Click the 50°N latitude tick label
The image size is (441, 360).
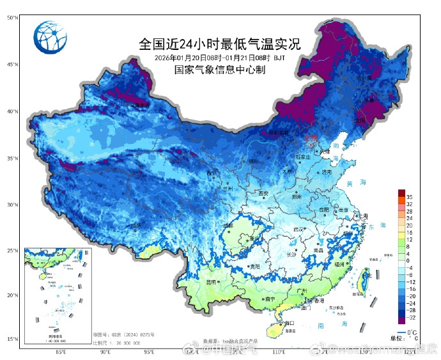(x=12, y=18)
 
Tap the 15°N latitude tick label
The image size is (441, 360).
(x=12, y=339)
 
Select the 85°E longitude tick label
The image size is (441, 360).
(x=61, y=351)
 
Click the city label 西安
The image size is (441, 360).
(x=263, y=193)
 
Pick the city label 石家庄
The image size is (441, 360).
(x=303, y=156)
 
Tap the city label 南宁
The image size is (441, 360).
(x=269, y=298)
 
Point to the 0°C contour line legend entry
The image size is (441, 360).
(x=409, y=333)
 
